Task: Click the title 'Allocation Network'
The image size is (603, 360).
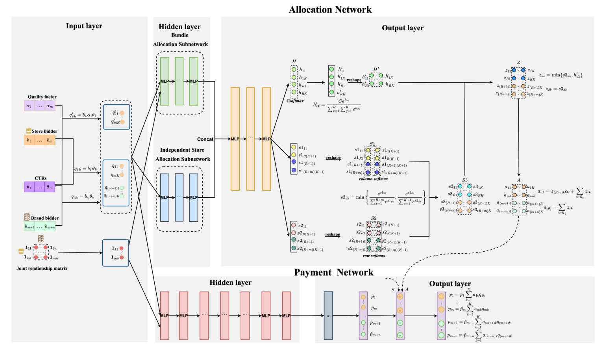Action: point(330,10)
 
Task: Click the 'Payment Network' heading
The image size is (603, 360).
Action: point(334,273)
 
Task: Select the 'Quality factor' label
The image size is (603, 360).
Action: point(42,97)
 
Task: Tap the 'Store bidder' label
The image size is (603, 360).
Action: point(44,132)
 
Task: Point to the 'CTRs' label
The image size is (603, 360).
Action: point(41,178)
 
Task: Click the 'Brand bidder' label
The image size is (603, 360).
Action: point(44,218)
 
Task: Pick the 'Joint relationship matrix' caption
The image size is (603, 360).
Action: point(42,269)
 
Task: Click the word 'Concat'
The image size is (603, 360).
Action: point(205,139)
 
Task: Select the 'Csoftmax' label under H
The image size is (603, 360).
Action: point(295,101)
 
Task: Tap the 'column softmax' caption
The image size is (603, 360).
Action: point(373,179)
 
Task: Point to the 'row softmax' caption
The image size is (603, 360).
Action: point(374,256)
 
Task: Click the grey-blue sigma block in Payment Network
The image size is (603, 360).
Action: point(328,315)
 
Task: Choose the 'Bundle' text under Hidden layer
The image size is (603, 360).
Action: point(179,35)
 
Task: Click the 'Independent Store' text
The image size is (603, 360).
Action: point(182,150)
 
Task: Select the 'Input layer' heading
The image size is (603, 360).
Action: point(84,26)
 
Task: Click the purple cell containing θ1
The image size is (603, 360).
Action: point(29,187)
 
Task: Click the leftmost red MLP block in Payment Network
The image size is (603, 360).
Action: point(165,315)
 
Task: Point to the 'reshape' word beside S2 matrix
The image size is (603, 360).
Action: point(332,235)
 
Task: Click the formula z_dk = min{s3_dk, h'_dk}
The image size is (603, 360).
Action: point(560,75)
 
